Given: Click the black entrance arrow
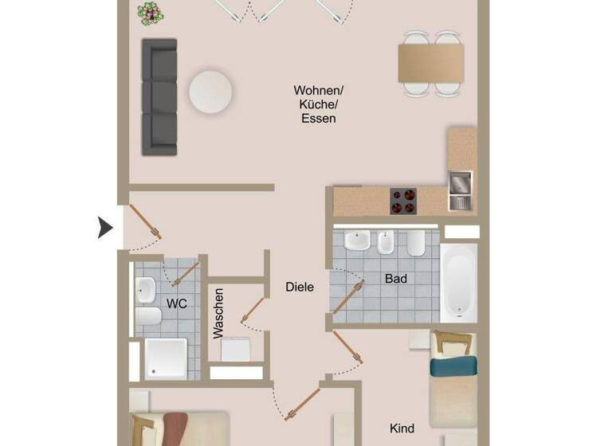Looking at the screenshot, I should (105, 228).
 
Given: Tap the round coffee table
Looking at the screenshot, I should (211, 92).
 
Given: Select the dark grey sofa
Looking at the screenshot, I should (159, 96).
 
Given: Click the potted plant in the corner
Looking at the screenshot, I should (147, 12).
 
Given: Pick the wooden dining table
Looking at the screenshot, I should (431, 64).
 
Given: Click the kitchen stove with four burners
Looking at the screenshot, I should (403, 201).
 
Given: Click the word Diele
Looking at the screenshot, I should (300, 287).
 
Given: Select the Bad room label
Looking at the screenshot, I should (396, 279).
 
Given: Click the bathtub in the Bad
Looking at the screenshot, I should (458, 283).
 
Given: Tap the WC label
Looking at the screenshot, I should (176, 303).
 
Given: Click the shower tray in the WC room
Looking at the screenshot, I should (166, 358).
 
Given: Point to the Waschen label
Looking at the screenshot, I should (219, 314).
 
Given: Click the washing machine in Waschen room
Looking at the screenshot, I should (237, 348).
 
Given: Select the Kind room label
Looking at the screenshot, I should (402, 428).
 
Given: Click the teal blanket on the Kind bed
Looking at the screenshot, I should (453, 366).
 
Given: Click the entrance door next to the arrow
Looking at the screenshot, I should (145, 223).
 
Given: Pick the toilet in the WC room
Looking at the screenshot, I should (148, 319).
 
